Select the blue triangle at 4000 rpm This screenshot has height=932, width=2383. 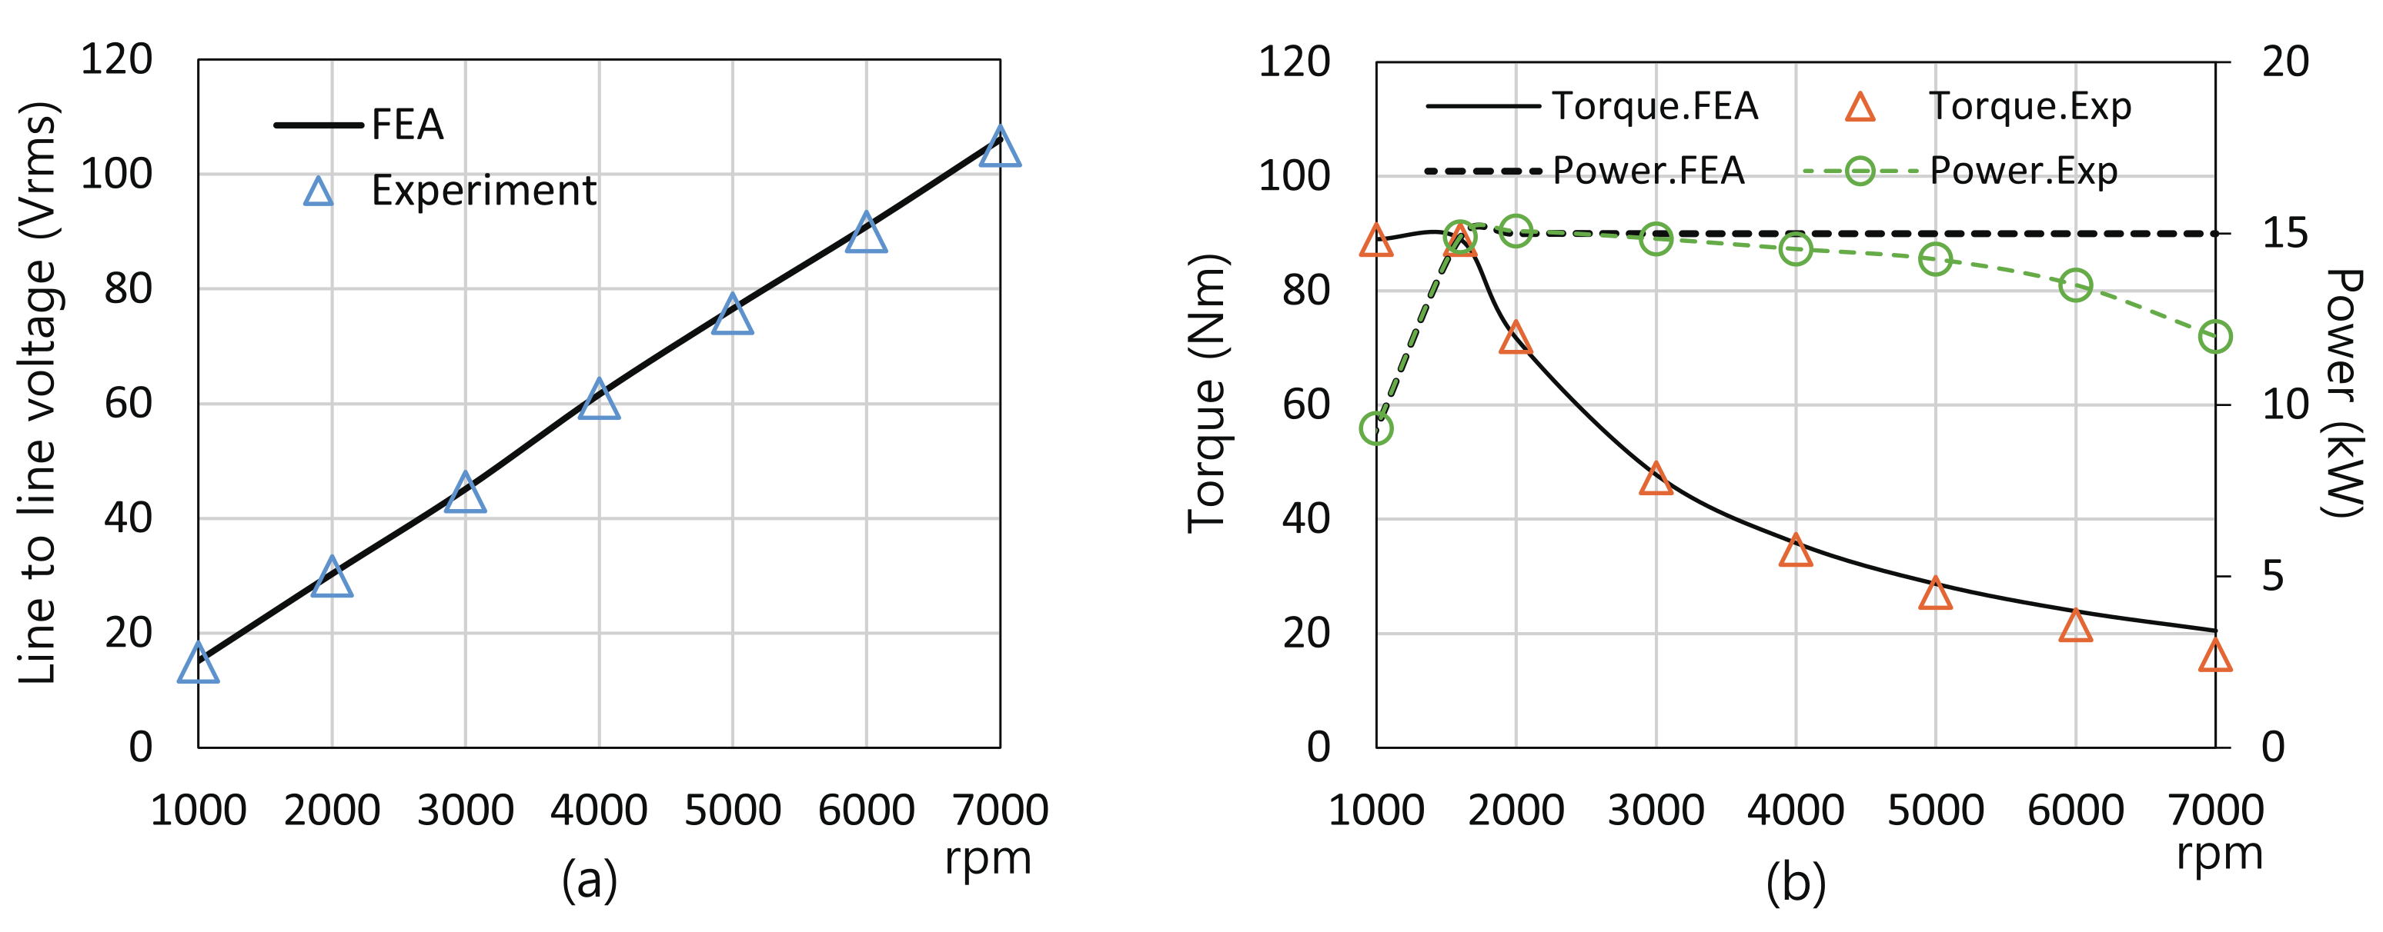(x=599, y=401)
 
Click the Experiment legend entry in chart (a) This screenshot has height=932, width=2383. (x=483, y=191)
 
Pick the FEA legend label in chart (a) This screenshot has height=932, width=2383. (x=407, y=125)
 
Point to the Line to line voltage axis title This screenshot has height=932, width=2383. (x=38, y=393)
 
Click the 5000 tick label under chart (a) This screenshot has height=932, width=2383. (x=732, y=811)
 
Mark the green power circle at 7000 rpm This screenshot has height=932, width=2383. (x=2214, y=337)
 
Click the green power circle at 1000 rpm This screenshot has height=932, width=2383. (x=1376, y=428)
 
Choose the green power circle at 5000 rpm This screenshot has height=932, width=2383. (x=1935, y=259)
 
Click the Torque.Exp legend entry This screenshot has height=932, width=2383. (x=2029, y=106)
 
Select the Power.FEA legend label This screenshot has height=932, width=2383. (x=1648, y=171)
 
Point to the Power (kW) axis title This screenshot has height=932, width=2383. (x=2342, y=393)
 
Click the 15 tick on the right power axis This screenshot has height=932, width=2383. (x=2285, y=234)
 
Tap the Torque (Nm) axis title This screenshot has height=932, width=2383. (x=1207, y=393)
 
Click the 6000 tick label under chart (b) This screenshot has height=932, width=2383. (x=2075, y=811)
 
